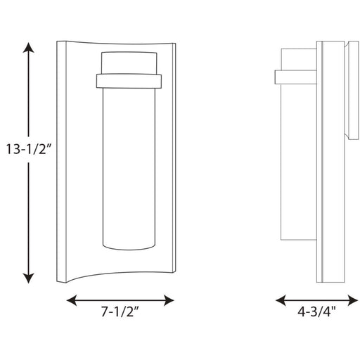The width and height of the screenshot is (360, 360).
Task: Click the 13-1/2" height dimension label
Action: (x=28, y=149)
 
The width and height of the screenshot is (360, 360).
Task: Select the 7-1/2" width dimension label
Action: (x=120, y=311)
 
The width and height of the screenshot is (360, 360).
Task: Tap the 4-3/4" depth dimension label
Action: (x=316, y=311)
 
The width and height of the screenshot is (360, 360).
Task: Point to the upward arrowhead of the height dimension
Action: (x=28, y=48)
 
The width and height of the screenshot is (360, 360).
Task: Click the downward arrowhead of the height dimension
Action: (x=28, y=278)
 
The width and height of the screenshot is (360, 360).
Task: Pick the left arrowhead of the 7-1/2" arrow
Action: (x=72, y=300)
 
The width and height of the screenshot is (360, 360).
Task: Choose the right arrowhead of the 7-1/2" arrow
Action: (x=169, y=300)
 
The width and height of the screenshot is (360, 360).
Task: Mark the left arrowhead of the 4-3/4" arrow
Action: (x=281, y=300)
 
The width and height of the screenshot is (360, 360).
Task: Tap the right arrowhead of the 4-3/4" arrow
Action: (x=353, y=300)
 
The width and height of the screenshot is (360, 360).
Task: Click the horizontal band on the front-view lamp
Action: (x=129, y=81)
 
